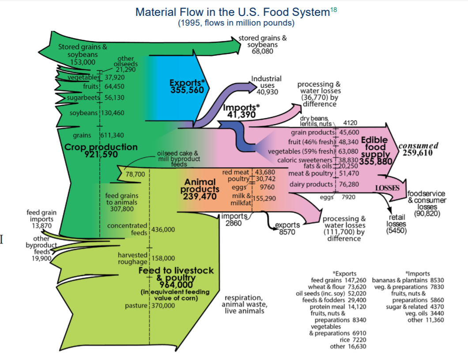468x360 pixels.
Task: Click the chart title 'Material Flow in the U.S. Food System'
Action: (x=232, y=12)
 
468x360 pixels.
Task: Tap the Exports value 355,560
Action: (x=187, y=89)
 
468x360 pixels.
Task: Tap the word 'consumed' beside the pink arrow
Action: (x=418, y=146)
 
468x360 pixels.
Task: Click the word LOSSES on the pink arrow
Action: (x=387, y=188)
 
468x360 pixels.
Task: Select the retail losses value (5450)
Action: (x=396, y=230)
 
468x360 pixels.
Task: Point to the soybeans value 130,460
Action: (x=113, y=113)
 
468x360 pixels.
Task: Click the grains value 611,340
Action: (x=113, y=135)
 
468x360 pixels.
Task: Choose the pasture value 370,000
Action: (x=163, y=305)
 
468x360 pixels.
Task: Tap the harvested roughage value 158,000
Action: (x=163, y=258)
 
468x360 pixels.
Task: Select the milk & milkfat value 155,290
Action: (x=264, y=199)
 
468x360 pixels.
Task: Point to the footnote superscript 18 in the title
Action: (x=333, y=10)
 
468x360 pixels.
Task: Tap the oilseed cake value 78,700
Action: (x=136, y=174)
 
